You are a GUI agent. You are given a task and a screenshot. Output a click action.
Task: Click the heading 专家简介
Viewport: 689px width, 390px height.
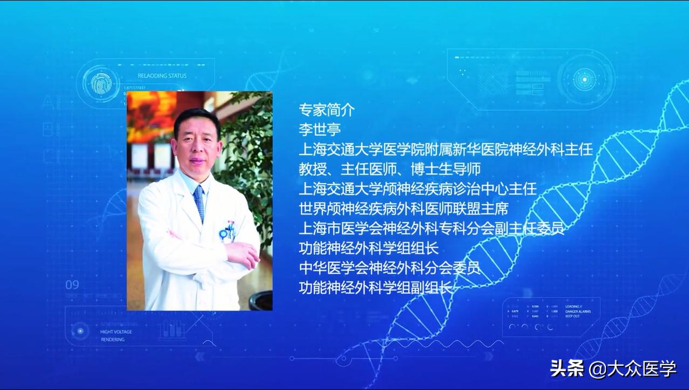pos(327,110)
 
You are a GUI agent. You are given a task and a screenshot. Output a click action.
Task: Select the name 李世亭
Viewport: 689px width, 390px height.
pos(320,130)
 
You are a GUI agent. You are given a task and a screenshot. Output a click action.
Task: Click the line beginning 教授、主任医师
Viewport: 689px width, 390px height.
pos(389,170)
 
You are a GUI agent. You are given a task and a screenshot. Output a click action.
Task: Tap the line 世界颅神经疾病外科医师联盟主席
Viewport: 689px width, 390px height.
pos(403,209)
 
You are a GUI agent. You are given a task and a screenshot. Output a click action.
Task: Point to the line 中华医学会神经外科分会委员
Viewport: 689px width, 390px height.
pos(389,268)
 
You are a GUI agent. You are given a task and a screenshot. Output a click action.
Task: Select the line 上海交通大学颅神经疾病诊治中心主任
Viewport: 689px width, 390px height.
pos(417,189)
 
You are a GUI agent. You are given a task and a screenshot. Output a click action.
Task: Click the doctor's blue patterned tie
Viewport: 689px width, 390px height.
pos(199,203)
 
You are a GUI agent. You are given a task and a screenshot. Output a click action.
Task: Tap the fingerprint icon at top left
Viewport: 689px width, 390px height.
pos(100,84)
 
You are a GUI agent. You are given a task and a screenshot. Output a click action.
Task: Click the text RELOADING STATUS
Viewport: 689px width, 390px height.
pos(162,76)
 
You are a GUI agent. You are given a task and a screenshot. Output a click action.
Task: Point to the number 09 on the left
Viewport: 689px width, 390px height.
pos(72,285)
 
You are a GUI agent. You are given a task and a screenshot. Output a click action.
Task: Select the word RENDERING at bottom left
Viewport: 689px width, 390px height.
pos(112,340)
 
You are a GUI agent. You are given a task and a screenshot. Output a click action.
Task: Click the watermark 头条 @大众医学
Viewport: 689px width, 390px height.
pos(613,369)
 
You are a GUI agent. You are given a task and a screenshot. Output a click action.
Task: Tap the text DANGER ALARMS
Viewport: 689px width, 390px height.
pos(578,312)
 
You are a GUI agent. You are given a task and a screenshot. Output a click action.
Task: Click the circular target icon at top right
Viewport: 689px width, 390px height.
pos(584,79)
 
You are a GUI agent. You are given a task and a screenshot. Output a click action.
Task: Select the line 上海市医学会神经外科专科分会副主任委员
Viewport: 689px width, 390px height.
pos(431,228)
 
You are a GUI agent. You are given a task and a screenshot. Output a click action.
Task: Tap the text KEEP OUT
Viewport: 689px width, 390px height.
pos(573,317)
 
